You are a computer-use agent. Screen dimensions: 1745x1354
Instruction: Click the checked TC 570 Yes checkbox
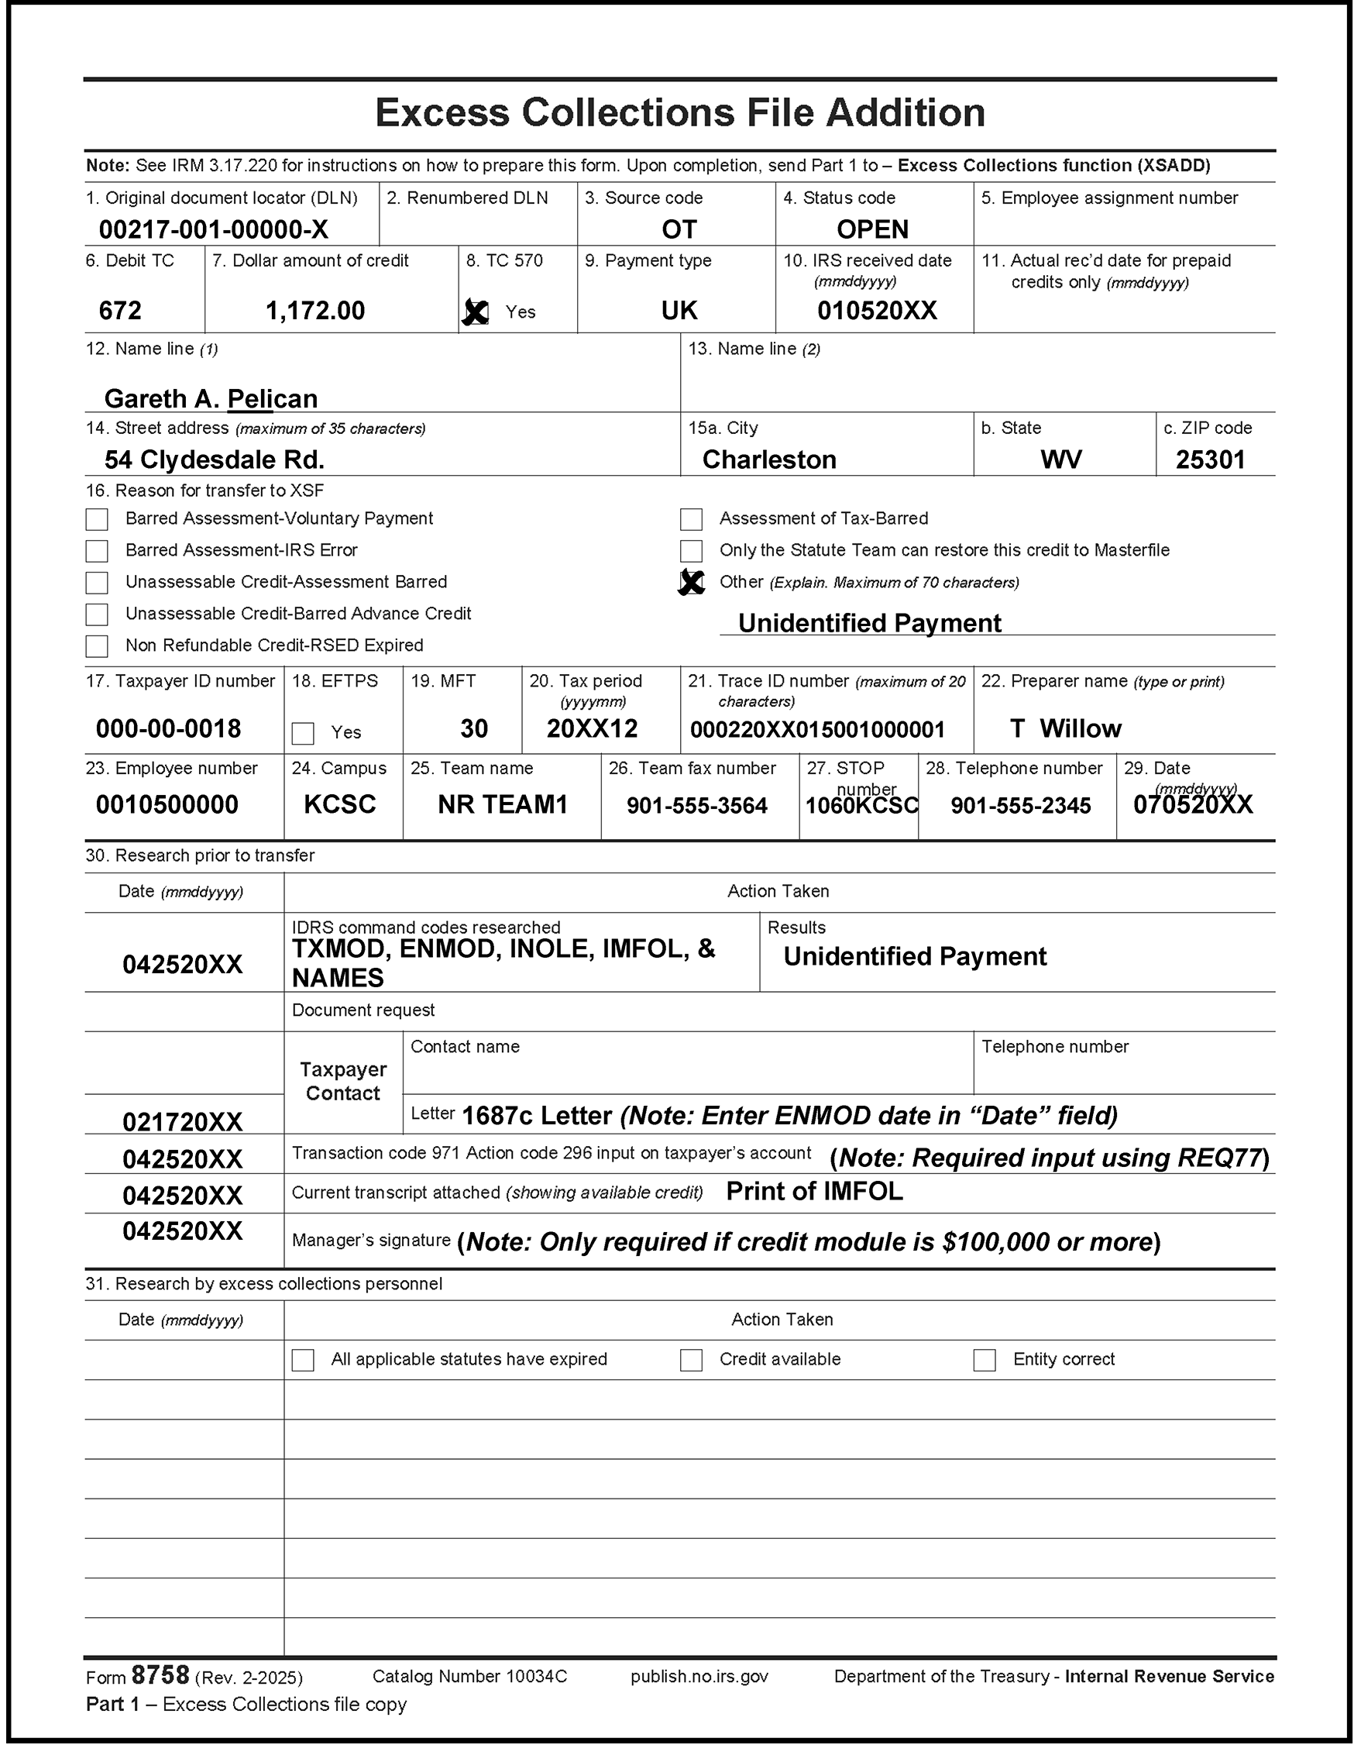pyautogui.click(x=476, y=311)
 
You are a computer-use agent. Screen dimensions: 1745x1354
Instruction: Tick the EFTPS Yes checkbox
pyautogui.click(x=303, y=733)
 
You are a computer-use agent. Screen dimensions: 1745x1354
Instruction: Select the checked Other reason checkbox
pyautogui.click(x=691, y=583)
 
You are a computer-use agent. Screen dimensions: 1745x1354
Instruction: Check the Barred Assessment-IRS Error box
pyautogui.click(x=97, y=550)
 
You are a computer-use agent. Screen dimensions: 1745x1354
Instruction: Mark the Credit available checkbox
pyautogui.click(x=691, y=1360)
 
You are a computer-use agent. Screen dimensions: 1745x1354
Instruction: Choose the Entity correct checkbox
pyautogui.click(x=985, y=1360)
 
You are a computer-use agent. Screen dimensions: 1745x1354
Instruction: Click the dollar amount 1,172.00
pyautogui.click(x=314, y=310)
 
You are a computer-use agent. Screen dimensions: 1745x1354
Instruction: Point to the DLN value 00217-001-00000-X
pyautogui.click(x=213, y=230)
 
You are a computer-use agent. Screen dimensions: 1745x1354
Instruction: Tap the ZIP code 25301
pyautogui.click(x=1210, y=459)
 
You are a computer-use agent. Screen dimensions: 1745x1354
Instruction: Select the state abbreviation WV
pyautogui.click(x=1061, y=459)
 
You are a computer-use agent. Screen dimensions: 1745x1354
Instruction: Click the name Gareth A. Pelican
pyautogui.click(x=211, y=398)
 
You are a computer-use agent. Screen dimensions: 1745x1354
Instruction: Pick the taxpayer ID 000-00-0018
pyautogui.click(x=169, y=728)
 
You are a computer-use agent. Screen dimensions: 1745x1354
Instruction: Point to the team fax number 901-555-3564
pyautogui.click(x=696, y=805)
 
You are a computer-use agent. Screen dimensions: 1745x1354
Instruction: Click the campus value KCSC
pyautogui.click(x=339, y=804)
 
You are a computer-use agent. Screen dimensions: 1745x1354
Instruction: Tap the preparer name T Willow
pyautogui.click(x=1066, y=728)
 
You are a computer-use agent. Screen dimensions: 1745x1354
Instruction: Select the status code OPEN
pyautogui.click(x=872, y=230)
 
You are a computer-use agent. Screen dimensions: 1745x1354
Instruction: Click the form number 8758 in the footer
pyautogui.click(x=160, y=1674)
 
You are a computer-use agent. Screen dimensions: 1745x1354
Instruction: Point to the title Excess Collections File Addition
pyautogui.click(x=680, y=112)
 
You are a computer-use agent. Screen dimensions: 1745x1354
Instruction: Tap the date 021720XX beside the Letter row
pyautogui.click(x=182, y=1122)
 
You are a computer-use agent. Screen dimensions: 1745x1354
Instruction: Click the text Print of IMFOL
pyautogui.click(x=814, y=1191)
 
